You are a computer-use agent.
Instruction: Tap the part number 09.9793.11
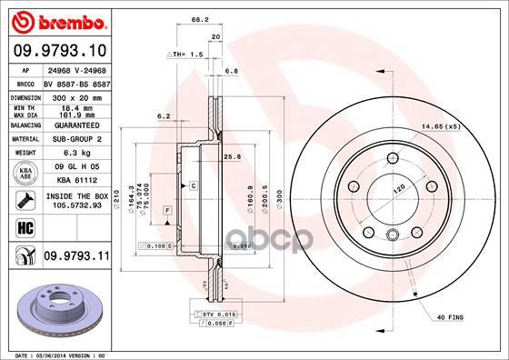pos(76,256)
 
